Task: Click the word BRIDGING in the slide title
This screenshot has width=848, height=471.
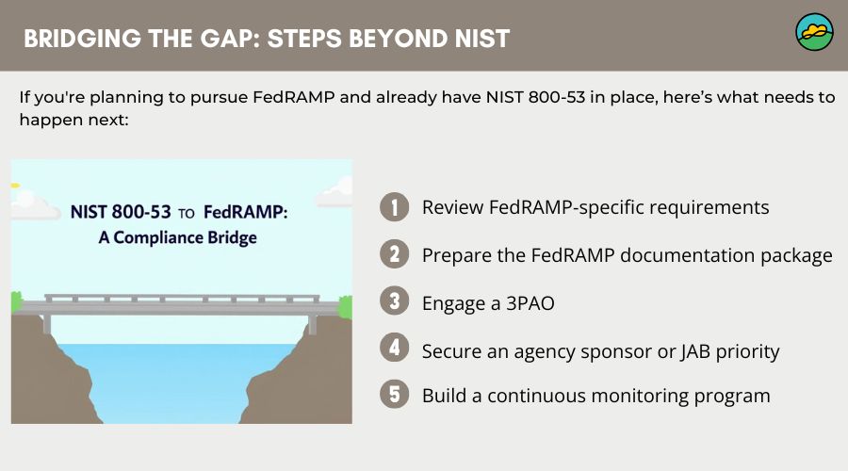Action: point(77,39)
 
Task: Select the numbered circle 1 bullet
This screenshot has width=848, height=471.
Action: point(395,207)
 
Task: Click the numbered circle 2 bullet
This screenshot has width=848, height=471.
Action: point(395,254)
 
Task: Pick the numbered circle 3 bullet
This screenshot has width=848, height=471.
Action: point(395,302)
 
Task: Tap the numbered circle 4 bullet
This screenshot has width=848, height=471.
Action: point(395,349)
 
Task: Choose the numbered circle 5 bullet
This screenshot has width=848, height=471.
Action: point(395,395)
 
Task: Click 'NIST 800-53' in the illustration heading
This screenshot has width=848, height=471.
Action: point(121,213)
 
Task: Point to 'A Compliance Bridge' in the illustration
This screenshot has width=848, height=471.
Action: point(178,237)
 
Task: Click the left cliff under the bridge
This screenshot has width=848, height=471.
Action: point(57,377)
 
